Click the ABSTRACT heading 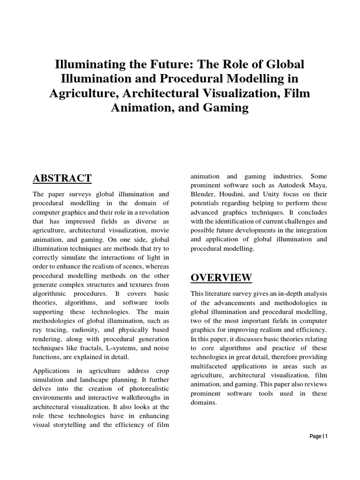(x=62, y=178)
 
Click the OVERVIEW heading (x=221, y=277)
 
